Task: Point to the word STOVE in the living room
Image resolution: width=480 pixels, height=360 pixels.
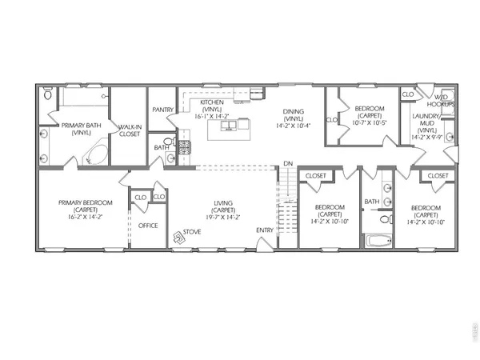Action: [192, 233]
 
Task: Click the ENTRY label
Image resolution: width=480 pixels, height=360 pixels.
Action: [264, 231]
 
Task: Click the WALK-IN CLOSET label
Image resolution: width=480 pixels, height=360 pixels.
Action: [129, 130]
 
